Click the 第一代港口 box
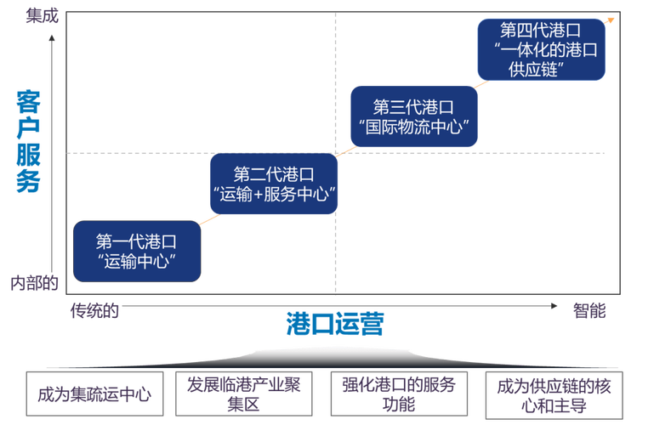click(138, 251)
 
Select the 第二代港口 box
click(275, 184)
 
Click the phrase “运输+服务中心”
click(275, 195)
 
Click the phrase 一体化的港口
click(547, 50)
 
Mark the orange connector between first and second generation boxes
click(209, 218)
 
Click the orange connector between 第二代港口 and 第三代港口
click(344, 152)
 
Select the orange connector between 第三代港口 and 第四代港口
click(482, 83)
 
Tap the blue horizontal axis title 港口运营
click(333, 324)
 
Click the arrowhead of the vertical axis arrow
click(53, 37)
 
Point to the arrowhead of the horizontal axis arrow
click(554, 305)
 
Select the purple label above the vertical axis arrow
click(43, 14)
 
